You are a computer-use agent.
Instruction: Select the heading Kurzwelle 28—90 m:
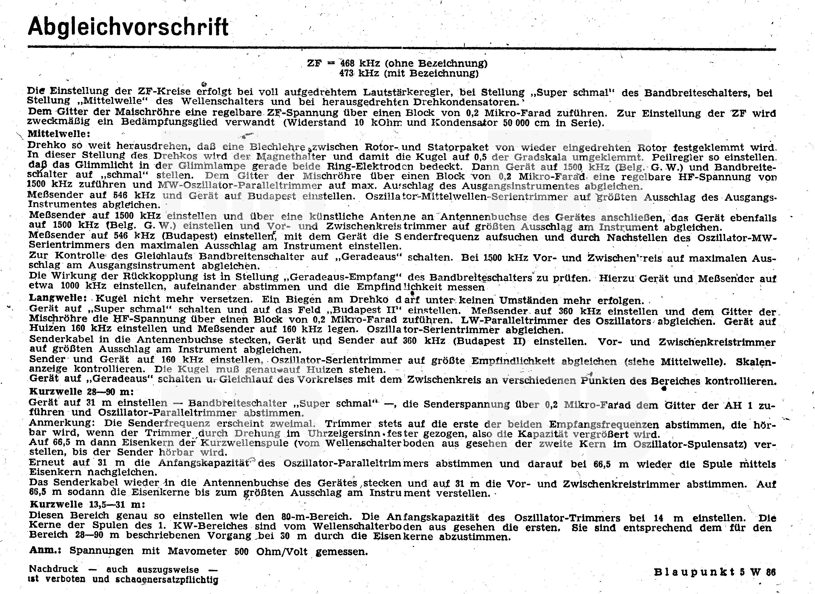81,392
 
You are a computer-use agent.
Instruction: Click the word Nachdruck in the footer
54,569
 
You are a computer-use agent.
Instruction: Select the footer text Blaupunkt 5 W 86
715,572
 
